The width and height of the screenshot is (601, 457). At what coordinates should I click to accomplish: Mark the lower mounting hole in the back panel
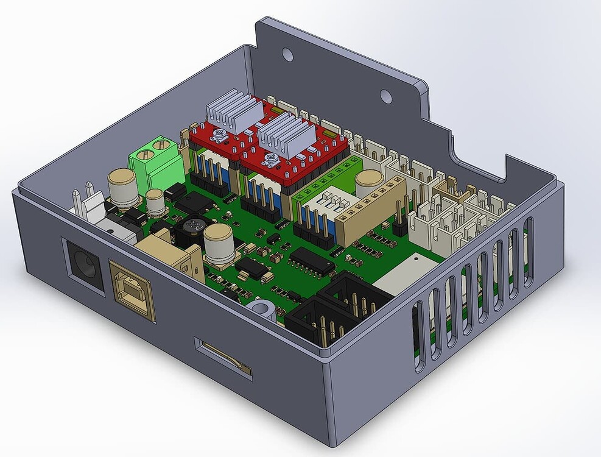[x=385, y=96]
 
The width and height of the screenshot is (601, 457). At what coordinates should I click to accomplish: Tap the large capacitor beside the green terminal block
[x=122, y=187]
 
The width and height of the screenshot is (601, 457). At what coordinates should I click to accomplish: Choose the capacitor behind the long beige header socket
[x=369, y=184]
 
